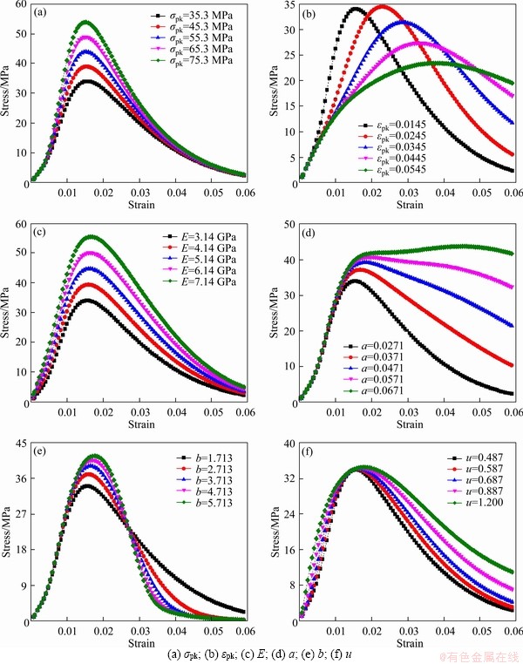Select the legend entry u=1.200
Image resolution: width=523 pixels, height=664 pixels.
pos(472,503)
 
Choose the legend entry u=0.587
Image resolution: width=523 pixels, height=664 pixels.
pos(472,469)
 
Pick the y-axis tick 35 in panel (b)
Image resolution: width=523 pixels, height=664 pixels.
pos(288,13)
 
